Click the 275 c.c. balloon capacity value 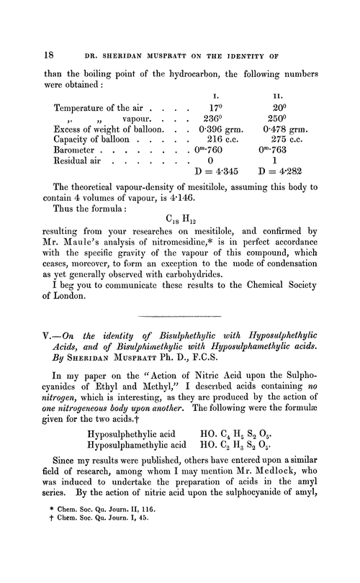(298, 146)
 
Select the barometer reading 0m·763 (298, 159)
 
